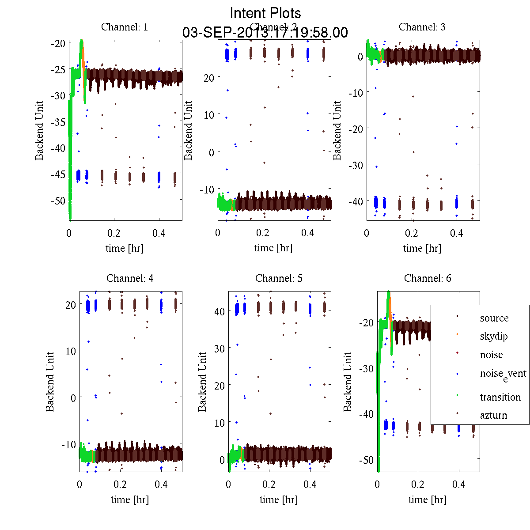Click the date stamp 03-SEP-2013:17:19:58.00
265,33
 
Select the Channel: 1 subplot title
125,27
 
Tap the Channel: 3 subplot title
422,27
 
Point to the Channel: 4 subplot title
130,278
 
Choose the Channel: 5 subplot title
279,278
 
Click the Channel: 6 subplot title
428,278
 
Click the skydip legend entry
494,336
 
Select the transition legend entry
500,397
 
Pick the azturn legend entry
493,415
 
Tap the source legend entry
494,318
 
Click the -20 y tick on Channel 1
58,43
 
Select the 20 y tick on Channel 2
209,78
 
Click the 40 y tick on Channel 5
219,311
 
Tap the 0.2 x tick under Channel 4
120,485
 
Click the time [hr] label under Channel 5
279,500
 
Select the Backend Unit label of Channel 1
40,130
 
